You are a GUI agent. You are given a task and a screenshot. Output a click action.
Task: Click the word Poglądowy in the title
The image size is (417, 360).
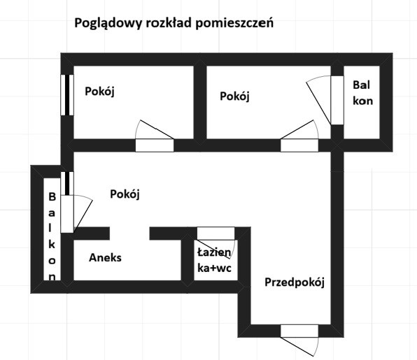108,23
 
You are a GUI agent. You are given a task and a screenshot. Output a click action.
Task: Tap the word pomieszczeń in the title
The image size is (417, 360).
234,23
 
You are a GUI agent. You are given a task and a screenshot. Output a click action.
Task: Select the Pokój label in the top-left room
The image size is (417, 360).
100,92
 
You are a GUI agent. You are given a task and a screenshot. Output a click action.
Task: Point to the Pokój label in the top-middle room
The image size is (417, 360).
234,96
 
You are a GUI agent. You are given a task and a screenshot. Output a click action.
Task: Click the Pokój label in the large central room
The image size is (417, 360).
125,194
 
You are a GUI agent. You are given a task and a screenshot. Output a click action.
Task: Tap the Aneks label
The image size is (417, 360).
106,258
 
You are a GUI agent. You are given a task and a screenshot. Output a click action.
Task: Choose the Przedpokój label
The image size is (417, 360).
295,282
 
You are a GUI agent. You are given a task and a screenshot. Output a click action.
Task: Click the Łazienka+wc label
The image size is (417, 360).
214,260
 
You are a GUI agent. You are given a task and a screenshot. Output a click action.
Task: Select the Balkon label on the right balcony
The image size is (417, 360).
362,93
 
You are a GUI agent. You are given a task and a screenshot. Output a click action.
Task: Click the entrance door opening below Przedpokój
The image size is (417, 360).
299,331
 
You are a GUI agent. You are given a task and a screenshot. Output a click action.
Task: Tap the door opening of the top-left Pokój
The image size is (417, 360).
155,145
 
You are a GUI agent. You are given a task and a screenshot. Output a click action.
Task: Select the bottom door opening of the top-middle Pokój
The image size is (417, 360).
299,145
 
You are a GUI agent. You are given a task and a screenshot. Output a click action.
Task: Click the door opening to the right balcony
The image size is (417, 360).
337,100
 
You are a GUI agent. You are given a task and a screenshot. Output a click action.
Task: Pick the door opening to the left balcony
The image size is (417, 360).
67,214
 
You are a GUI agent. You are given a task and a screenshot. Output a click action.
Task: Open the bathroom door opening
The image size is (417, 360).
215,233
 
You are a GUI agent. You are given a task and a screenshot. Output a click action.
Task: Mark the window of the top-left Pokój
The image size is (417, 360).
67,95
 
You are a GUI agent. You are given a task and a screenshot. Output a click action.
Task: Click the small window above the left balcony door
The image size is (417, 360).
67,183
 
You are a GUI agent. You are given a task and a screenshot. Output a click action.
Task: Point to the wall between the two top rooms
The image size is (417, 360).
200,102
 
